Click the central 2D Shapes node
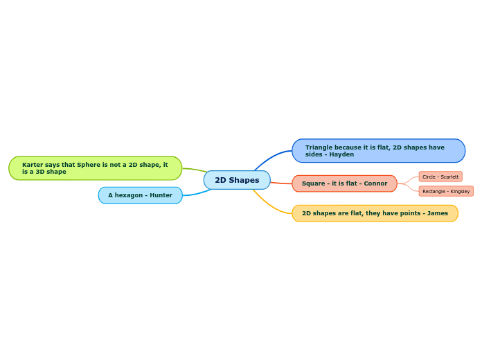(237, 180)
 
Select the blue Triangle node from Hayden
(378, 151)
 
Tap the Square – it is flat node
(344, 183)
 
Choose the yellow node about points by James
(375, 213)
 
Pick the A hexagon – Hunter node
(140, 195)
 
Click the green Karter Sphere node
(95, 168)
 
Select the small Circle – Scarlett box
(440, 177)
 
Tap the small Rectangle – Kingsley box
(446, 191)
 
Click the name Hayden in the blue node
(341, 154)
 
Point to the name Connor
(375, 183)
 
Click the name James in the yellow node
(437, 213)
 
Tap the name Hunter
(161, 195)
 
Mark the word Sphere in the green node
(88, 165)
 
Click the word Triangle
(319, 147)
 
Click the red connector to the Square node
(281, 183)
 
